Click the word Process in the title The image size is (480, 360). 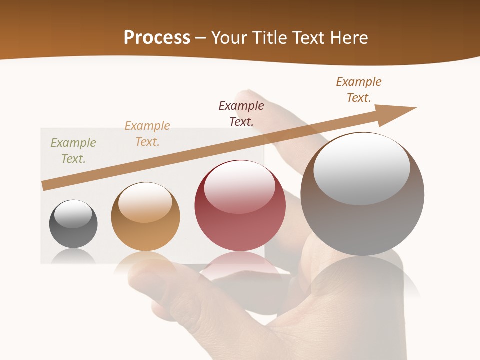[x=157, y=38]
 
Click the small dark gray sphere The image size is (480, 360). [x=73, y=224]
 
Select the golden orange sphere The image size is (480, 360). [x=145, y=217]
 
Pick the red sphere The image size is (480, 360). [x=240, y=206]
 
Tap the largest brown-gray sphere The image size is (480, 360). [x=362, y=194]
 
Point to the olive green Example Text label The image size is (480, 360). [x=73, y=151]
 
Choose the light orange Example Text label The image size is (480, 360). [x=147, y=134]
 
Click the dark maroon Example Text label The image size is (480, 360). [x=241, y=114]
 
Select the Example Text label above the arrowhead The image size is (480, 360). [x=359, y=90]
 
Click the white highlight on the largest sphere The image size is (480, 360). [x=362, y=168]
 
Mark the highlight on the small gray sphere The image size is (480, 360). [x=73, y=214]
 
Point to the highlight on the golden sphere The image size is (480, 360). [x=145, y=202]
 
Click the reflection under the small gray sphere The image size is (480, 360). [x=73, y=256]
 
